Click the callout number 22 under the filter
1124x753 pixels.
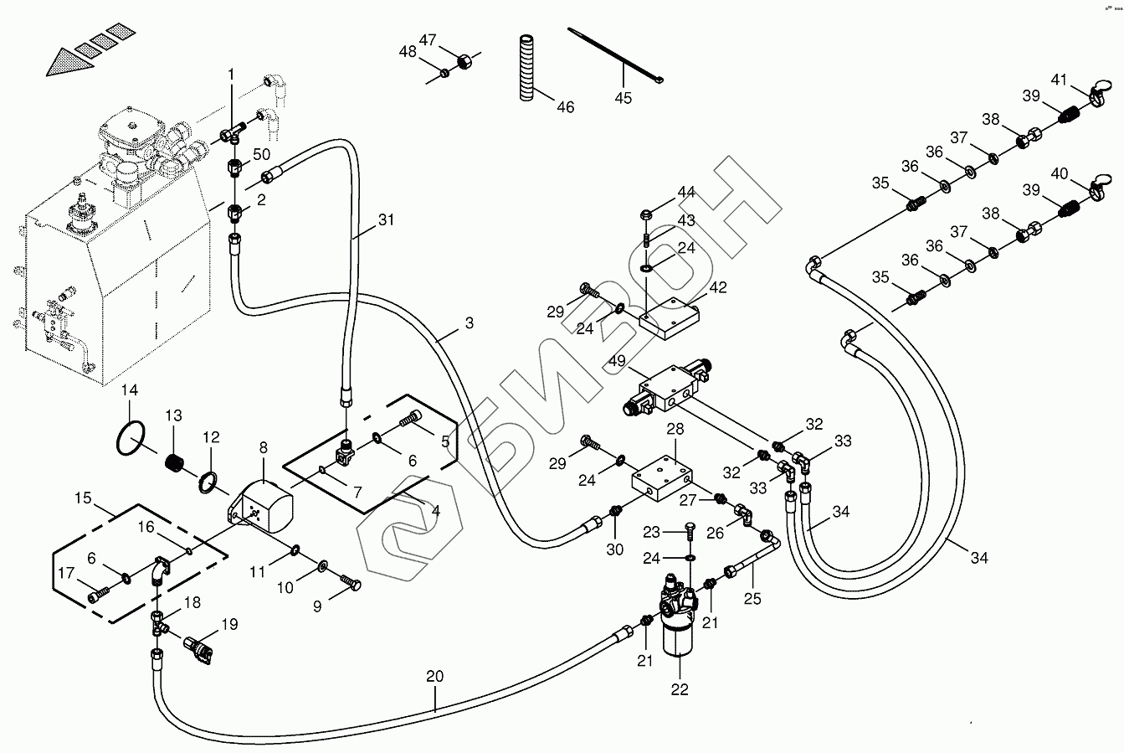679,689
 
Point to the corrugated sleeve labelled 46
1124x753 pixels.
527,68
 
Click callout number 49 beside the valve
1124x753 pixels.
618,362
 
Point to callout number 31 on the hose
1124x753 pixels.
385,220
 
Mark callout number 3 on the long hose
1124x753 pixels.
469,322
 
